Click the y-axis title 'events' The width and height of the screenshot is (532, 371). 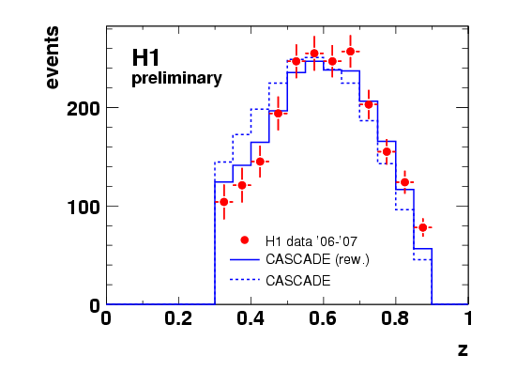pos(52,57)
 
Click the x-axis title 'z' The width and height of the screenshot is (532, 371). pos(463,349)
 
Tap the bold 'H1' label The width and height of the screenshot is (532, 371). pos(145,57)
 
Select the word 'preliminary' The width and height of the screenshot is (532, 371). pos(176,79)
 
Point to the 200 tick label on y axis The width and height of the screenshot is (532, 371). pos(84,109)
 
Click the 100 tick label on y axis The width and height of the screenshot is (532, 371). pos(84,208)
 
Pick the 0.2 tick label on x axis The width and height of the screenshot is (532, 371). pos(178,318)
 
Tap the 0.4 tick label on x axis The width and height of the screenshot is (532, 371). pos(251,318)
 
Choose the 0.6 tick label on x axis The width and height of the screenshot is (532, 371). pos(323,318)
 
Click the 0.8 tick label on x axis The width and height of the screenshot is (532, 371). pos(395,318)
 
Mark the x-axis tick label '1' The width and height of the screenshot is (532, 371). pos(468,318)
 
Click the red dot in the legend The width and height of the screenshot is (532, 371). pos(244,240)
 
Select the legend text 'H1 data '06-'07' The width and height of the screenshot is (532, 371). pos(312,241)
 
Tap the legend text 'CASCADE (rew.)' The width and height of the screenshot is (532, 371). pos(317,259)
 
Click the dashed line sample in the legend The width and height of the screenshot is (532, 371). pos(245,280)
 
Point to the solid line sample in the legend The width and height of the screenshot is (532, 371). pos(245,260)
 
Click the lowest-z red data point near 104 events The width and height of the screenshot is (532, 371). pos(224,202)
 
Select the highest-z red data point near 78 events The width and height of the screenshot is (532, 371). pos(423,227)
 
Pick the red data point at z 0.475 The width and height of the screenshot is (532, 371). pos(279,114)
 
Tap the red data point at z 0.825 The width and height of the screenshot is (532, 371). pos(404,182)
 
